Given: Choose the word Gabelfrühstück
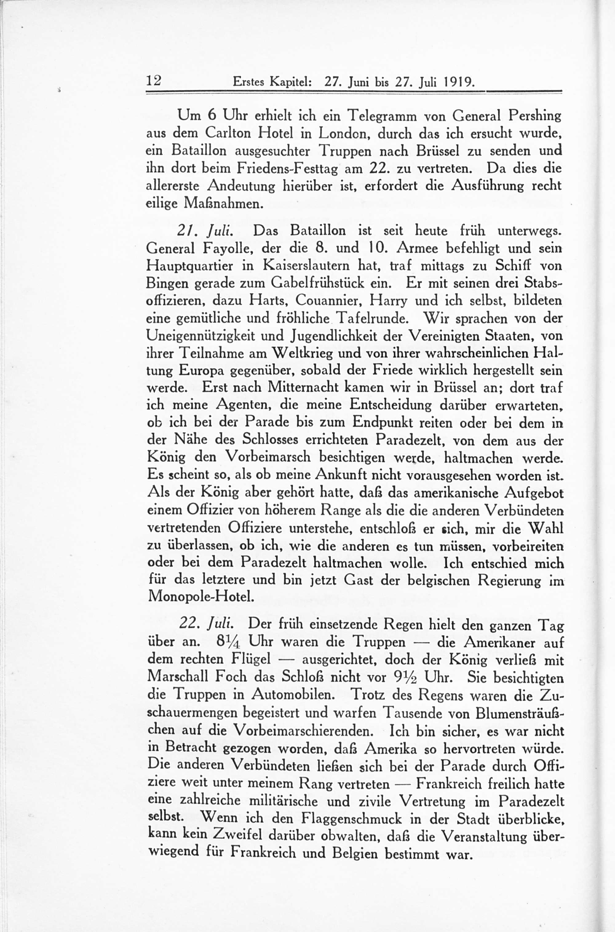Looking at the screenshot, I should [x=316, y=284].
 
